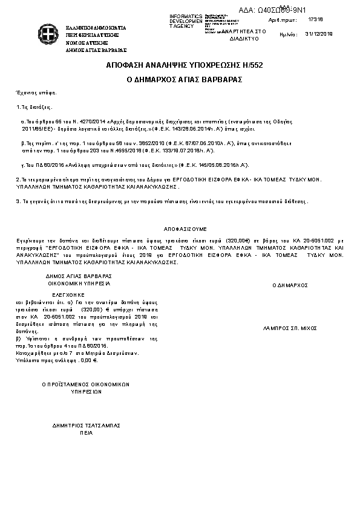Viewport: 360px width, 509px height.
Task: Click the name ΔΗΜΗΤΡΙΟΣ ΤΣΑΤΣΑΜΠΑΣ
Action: tap(85, 425)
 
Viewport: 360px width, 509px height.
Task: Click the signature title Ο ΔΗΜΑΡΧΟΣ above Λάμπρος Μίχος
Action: tap(290, 284)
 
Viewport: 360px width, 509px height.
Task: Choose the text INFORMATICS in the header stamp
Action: tap(186, 16)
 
